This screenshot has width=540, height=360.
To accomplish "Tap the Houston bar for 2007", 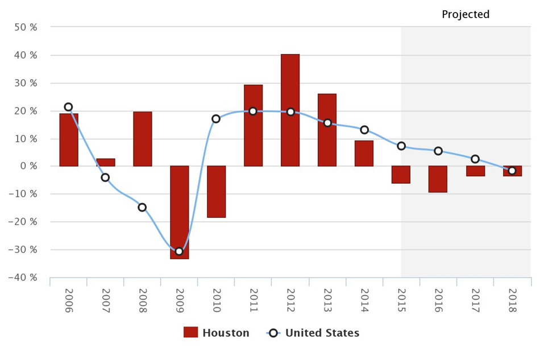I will (x=105, y=162).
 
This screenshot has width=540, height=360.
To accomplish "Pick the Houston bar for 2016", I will (x=438, y=179).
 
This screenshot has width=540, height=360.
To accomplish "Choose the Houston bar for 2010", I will (x=216, y=192).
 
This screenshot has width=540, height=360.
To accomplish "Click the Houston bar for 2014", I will (x=364, y=154).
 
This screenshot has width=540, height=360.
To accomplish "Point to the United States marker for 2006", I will (x=68, y=107).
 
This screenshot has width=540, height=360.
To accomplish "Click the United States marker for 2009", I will (x=179, y=251).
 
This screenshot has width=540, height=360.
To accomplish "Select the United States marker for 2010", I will (x=216, y=119).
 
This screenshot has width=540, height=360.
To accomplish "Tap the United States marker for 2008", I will (x=142, y=207).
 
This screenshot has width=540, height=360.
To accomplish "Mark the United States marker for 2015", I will (x=401, y=146).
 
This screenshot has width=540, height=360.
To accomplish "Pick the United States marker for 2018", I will (x=512, y=171).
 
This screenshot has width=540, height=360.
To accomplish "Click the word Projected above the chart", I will (x=466, y=15).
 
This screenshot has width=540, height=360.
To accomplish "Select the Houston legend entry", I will (x=217, y=333).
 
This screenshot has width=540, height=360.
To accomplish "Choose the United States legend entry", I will (x=313, y=333).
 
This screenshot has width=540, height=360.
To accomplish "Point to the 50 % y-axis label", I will (x=26, y=27).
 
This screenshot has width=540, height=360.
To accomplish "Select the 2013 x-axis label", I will (x=327, y=301).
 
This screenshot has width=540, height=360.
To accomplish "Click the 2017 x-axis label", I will (x=475, y=301).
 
